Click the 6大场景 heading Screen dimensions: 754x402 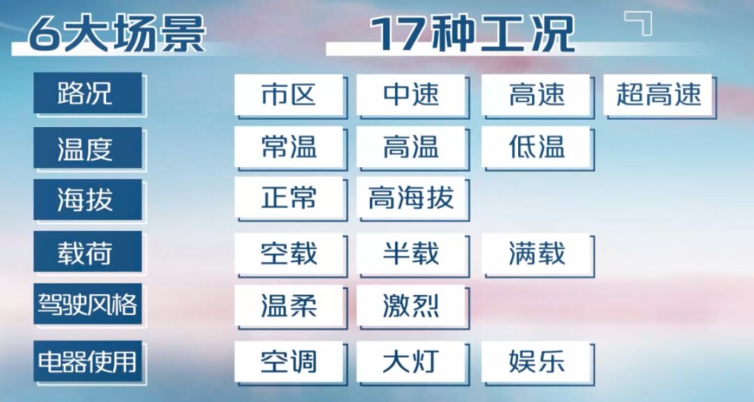pyautogui.click(x=117, y=33)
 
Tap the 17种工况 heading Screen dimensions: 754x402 pyautogui.click(x=473, y=33)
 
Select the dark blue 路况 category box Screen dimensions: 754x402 pyautogui.click(x=88, y=94)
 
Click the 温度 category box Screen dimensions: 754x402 pyautogui.click(x=88, y=148)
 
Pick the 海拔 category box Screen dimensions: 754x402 pyautogui.click(x=88, y=200)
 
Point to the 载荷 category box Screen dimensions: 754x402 pyautogui.click(x=88, y=251)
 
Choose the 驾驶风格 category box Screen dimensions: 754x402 pyautogui.click(x=88, y=304)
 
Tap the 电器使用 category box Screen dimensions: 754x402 pyautogui.click(x=88, y=361)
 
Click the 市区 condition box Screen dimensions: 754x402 pyautogui.click(x=289, y=94)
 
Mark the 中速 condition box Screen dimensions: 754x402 pyautogui.click(x=411, y=94)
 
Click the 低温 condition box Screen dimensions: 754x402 pyautogui.click(x=536, y=147)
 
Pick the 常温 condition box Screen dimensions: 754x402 pyautogui.click(x=289, y=147)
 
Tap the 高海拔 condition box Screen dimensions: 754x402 pyautogui.click(x=411, y=198)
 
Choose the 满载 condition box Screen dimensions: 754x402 pyautogui.click(x=536, y=254)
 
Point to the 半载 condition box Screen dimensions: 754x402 pyautogui.click(x=411, y=254)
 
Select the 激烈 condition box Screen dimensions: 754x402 pyautogui.click(x=411, y=306)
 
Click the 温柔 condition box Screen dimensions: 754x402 pyautogui.click(x=289, y=306)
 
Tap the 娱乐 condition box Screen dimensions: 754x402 pyautogui.click(x=536, y=362)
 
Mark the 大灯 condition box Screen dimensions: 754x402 pyautogui.click(x=411, y=362)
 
